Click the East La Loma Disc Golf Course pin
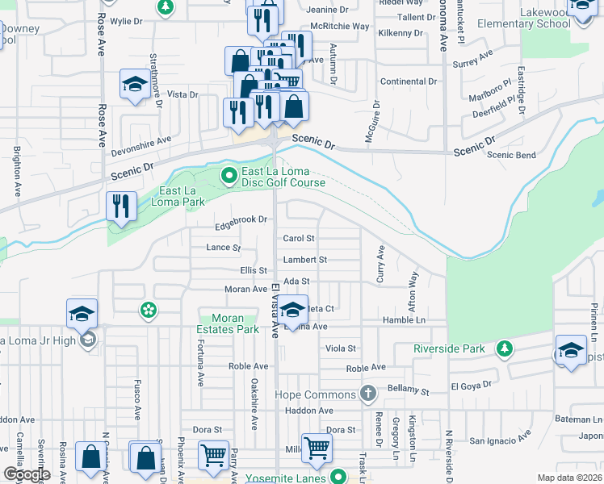(x=230, y=174)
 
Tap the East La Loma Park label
(x=177, y=196)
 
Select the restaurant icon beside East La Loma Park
(x=121, y=206)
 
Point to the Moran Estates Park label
(x=229, y=323)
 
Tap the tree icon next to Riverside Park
(x=505, y=348)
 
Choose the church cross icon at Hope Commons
(x=368, y=394)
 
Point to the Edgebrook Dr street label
(x=241, y=219)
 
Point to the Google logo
(x=27, y=474)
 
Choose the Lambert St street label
(x=304, y=260)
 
